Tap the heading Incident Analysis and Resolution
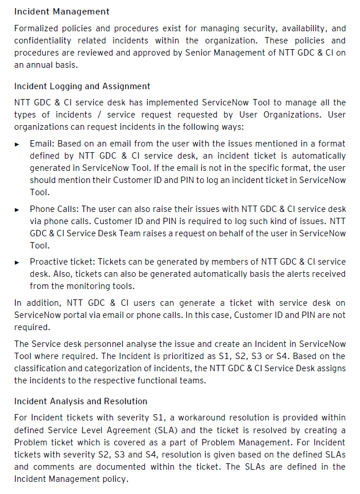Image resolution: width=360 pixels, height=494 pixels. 81,401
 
